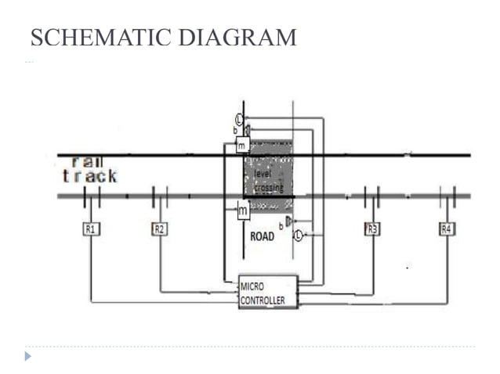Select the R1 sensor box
tap(92, 229)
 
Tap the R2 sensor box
tap(160, 229)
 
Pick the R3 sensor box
tap(372, 229)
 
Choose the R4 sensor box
tap(446, 229)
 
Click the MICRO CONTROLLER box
tap(268, 291)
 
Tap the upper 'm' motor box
tap(242, 146)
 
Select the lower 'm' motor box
tap(243, 210)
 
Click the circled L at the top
tap(240, 119)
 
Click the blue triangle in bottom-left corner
tap(30, 356)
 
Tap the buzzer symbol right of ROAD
tap(288, 222)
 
